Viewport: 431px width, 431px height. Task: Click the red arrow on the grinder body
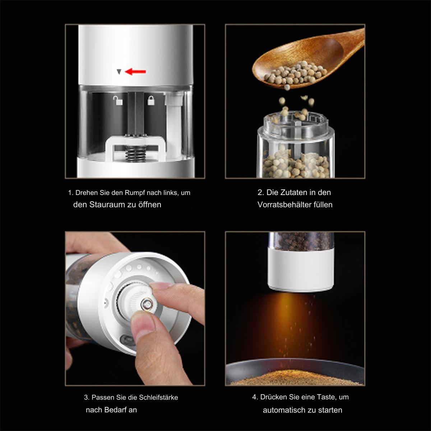point(135,72)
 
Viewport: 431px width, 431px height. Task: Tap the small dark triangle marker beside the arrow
point(119,72)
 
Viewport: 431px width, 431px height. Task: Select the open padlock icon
point(118,101)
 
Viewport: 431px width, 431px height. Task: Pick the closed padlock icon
point(151,101)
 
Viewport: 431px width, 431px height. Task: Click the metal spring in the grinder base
point(134,153)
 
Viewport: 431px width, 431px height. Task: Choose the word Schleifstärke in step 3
point(158,398)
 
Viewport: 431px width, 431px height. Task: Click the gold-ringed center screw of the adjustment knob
point(147,305)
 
